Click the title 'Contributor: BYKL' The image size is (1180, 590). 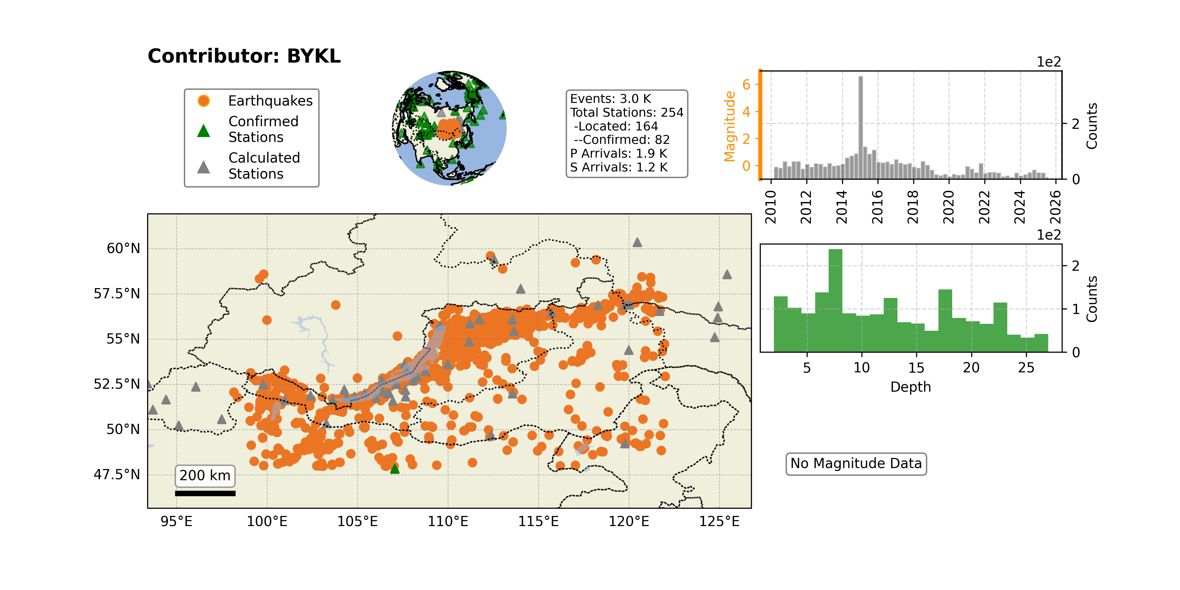[x=244, y=56]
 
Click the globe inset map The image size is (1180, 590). [x=449, y=128]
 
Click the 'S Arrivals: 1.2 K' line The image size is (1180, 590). [x=619, y=167]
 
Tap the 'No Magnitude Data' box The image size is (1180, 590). [x=856, y=463]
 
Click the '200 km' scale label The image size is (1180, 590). [x=205, y=476]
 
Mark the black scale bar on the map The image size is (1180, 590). [x=205, y=493]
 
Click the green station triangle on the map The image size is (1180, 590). [x=394, y=469]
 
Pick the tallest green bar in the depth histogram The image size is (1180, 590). [x=836, y=301]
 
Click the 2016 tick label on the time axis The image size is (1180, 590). [x=877, y=207]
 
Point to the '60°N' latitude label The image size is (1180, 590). [x=123, y=249]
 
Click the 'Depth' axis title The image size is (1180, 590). [x=911, y=387]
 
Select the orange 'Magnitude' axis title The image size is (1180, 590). [x=729, y=127]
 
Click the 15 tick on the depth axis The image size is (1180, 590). [x=916, y=367]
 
